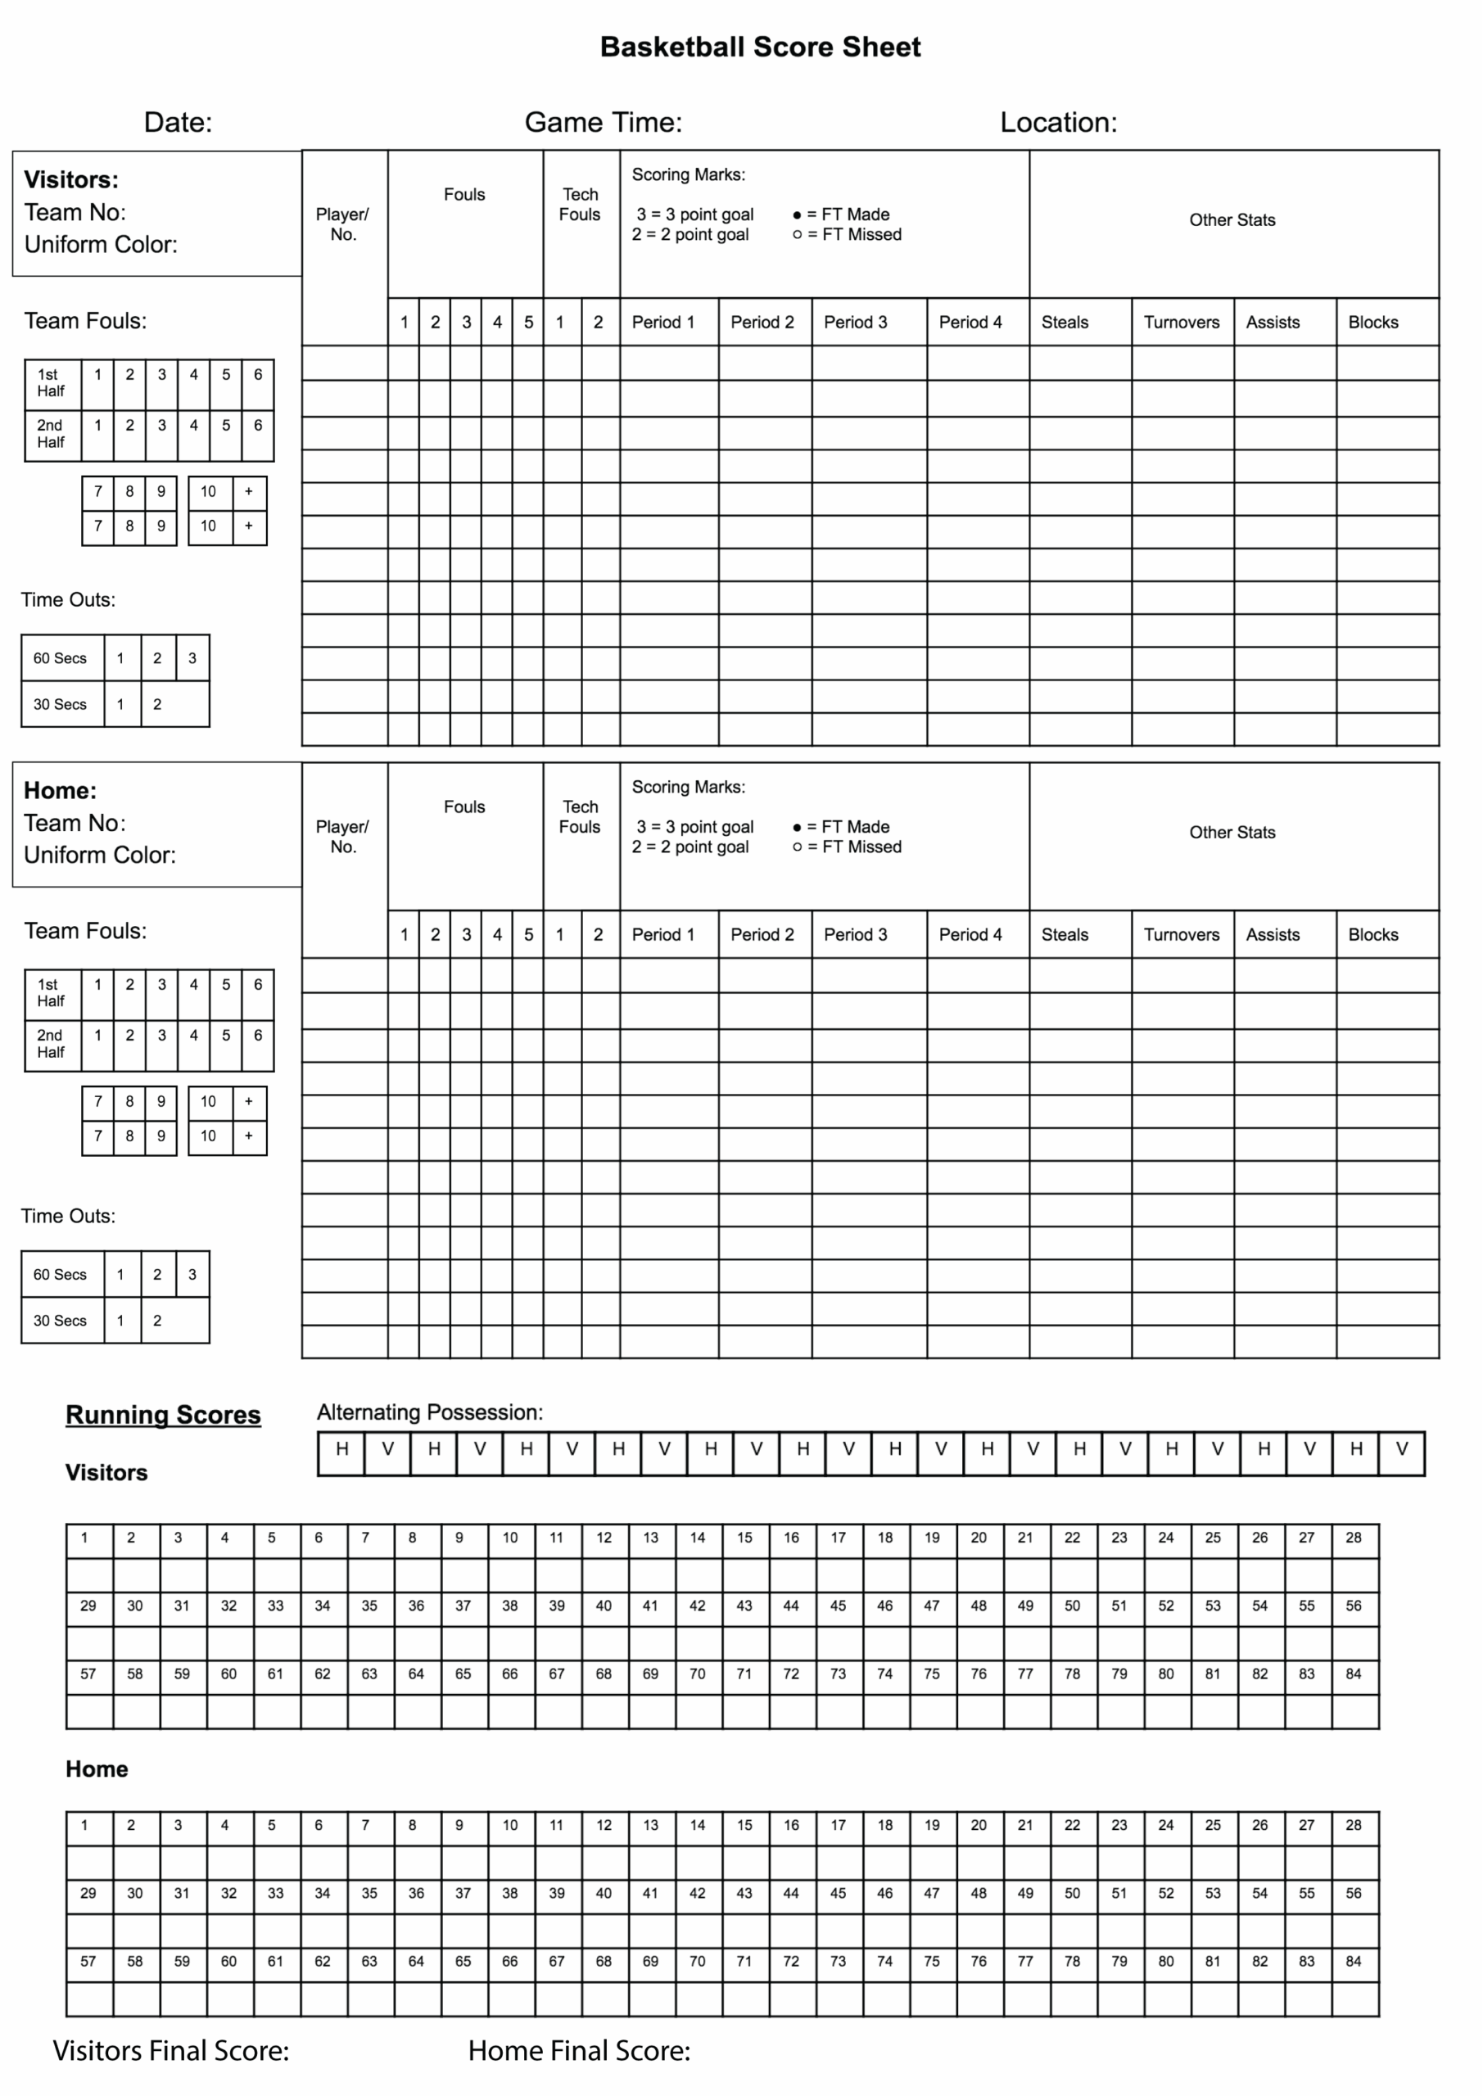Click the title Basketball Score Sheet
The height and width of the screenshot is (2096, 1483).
pos(760,47)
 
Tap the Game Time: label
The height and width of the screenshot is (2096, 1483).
pos(603,122)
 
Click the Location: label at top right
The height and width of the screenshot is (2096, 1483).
pos(1057,122)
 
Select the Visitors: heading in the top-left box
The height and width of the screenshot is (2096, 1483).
pos(71,180)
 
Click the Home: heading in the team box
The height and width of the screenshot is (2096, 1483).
pos(61,791)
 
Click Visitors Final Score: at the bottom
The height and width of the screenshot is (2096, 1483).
pos(171,2050)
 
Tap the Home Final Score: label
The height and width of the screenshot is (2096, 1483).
pos(579,2050)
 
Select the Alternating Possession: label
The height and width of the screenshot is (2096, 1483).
pos(429,1412)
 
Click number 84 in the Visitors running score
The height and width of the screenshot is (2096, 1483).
pos(1353,1674)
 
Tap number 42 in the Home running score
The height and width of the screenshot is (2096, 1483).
pos(697,1893)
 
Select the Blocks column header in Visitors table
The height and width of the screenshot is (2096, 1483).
pos(1372,323)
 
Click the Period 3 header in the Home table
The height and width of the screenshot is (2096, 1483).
pos(855,935)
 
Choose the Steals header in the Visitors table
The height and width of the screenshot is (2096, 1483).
pos(1065,323)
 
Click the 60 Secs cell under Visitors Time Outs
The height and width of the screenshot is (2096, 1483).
pos(61,658)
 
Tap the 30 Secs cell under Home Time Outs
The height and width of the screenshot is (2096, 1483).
pos(61,1321)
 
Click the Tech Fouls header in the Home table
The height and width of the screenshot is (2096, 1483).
pos(580,817)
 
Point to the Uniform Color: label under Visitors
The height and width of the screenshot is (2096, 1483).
pos(101,245)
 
